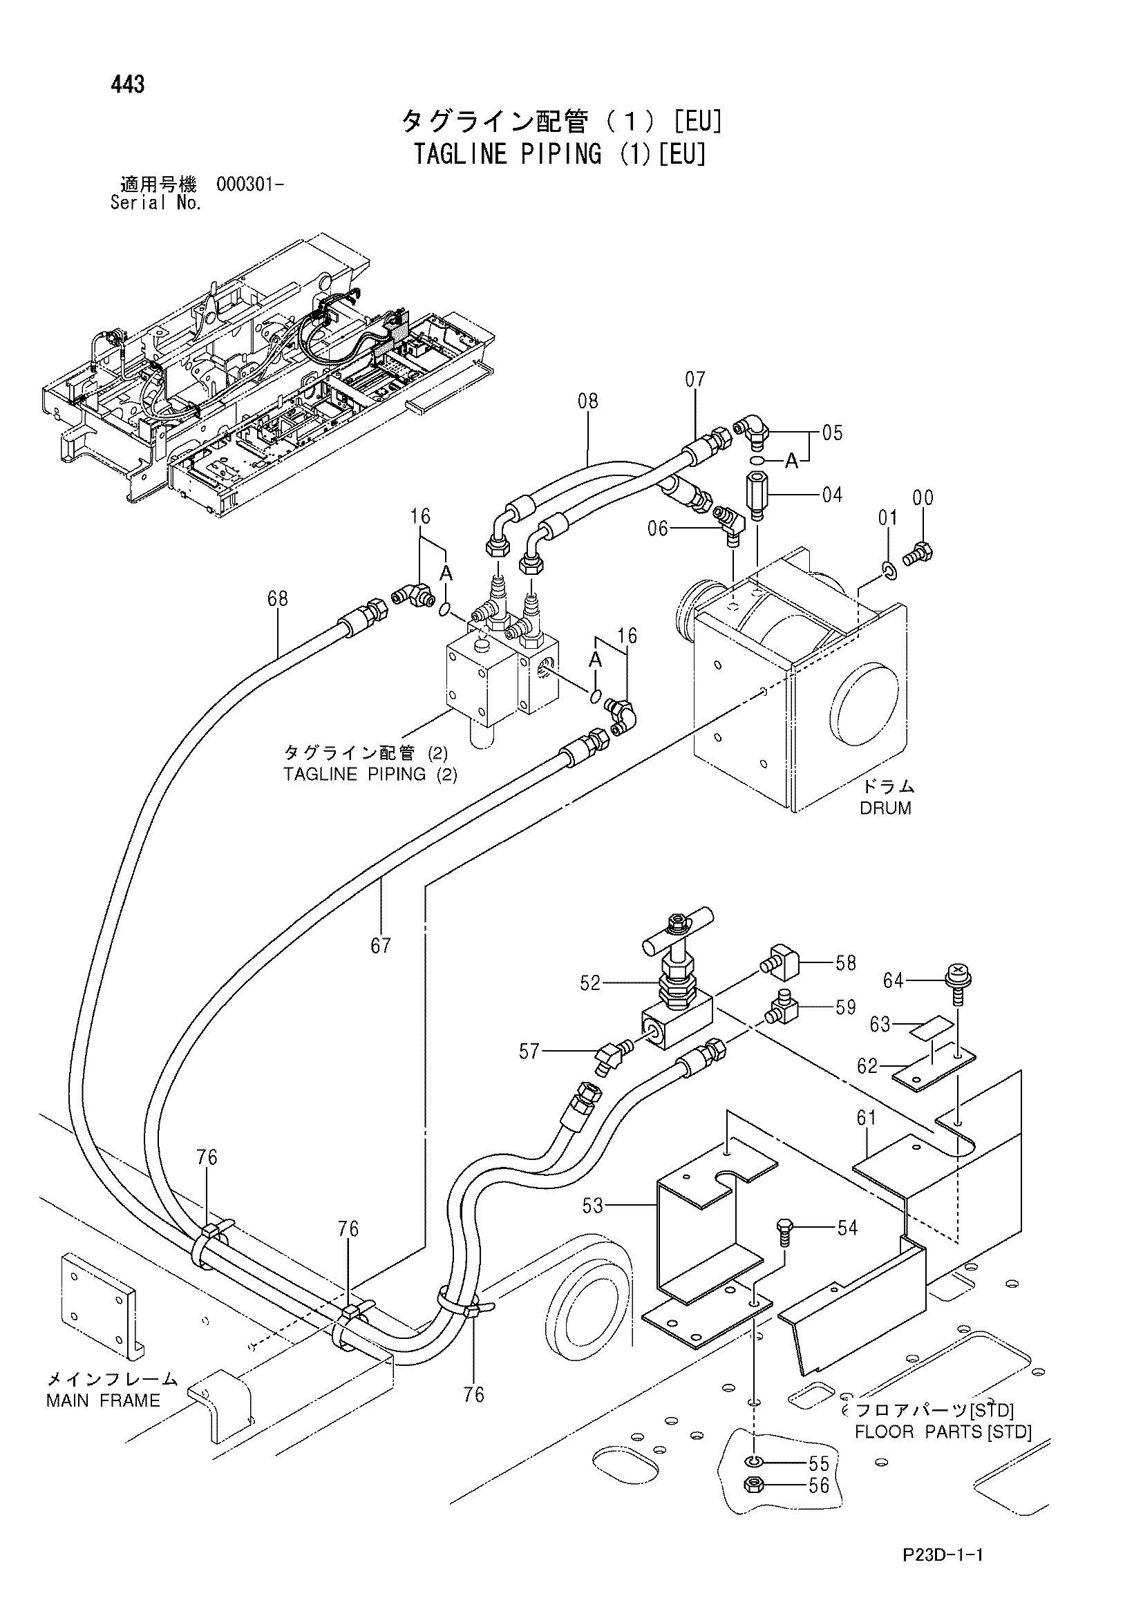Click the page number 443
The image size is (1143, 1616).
(x=127, y=84)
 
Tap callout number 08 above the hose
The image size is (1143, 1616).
(x=587, y=401)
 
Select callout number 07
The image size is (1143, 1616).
(x=695, y=380)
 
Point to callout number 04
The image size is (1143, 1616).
(x=832, y=495)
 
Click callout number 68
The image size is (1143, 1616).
(x=278, y=599)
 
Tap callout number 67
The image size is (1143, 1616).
(x=381, y=946)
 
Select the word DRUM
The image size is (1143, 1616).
(x=885, y=808)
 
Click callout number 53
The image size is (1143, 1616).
(x=593, y=1206)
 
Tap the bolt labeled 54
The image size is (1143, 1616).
(x=786, y=1233)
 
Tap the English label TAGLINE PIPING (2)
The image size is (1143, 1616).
(x=370, y=775)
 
